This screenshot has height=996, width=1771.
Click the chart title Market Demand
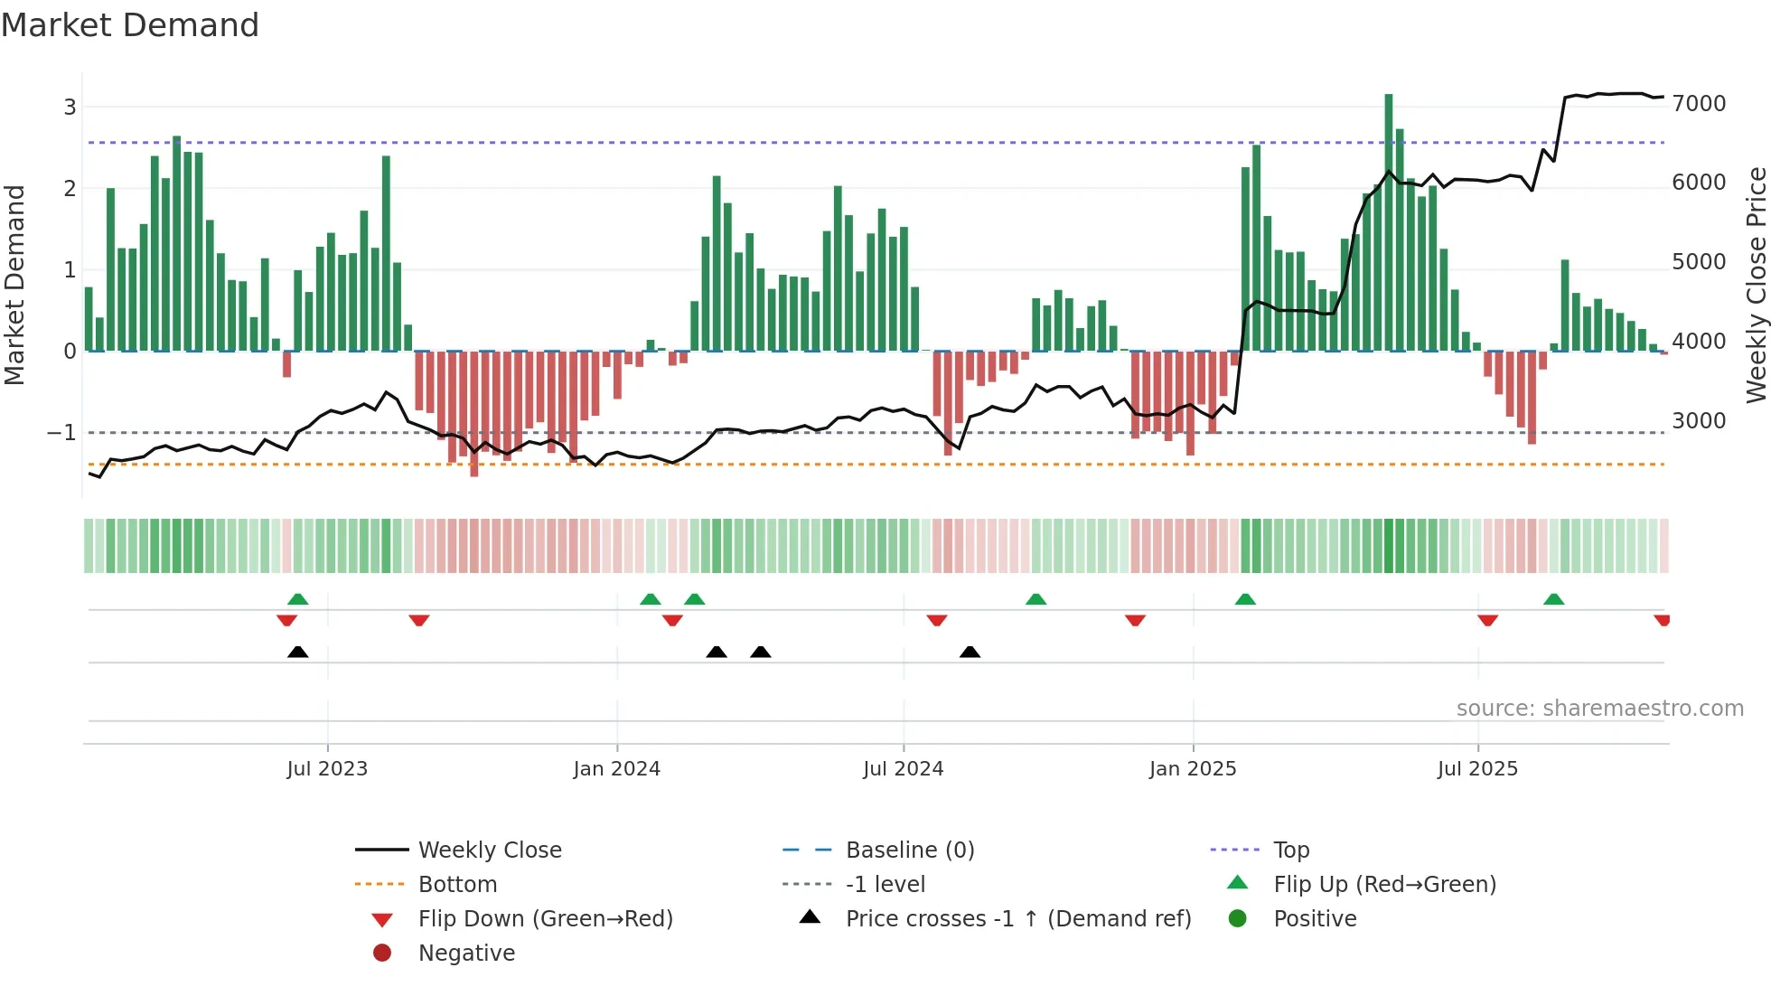130,25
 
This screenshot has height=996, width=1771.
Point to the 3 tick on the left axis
70,108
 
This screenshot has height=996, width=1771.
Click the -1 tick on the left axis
62,433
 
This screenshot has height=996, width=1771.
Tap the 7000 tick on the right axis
1699,104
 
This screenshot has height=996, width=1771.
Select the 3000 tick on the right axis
1699,421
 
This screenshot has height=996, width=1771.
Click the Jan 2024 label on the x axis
616,769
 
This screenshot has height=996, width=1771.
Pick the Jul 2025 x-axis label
1477,769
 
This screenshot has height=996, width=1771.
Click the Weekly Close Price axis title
1756,285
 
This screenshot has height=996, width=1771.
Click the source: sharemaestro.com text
1599,709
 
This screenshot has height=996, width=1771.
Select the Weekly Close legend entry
489,850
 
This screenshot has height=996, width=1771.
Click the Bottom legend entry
457,885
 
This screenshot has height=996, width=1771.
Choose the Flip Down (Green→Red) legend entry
545,919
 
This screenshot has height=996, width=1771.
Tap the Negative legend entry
466,954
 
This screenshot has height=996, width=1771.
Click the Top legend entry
1290,850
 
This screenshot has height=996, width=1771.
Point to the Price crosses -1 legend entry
1017,919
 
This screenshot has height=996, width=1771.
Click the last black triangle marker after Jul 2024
970,652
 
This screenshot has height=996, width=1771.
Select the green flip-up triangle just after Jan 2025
1245,599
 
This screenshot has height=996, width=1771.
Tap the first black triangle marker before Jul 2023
297,652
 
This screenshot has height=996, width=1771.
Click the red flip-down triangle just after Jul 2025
1487,620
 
